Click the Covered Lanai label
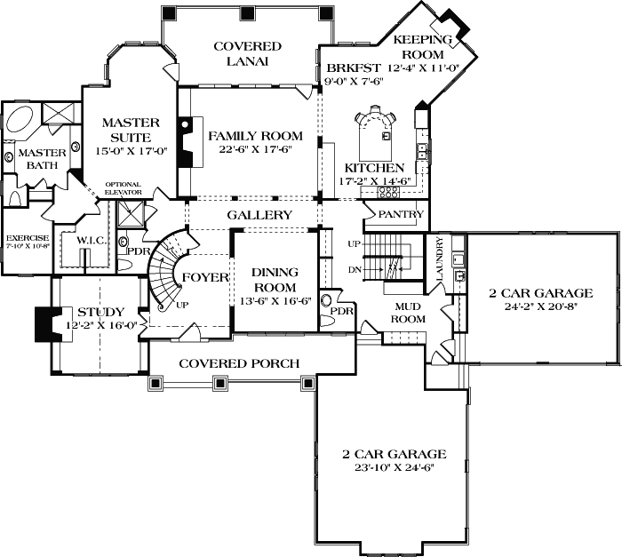(246, 53)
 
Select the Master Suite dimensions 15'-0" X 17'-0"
(130, 151)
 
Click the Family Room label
(255, 136)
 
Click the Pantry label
(399, 215)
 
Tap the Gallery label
(259, 216)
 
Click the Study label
(100, 312)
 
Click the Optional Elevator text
(123, 189)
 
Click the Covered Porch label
(238, 363)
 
